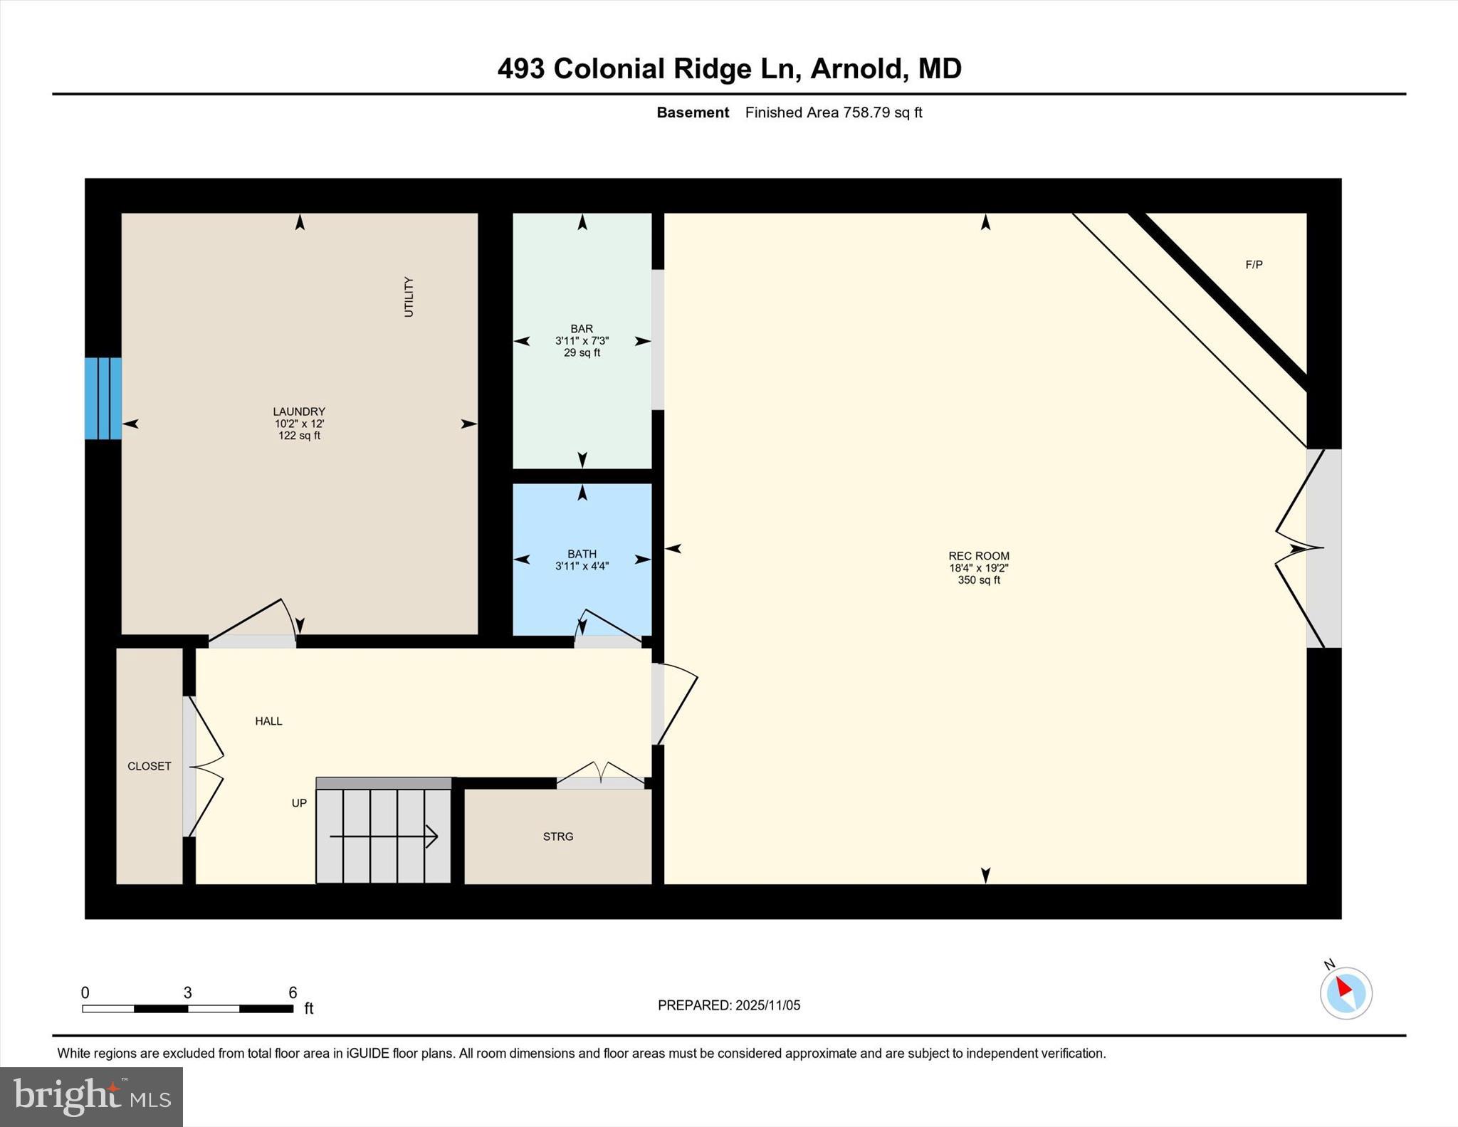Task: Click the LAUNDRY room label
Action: (x=299, y=412)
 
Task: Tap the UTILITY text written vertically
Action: (x=409, y=297)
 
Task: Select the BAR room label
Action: (x=582, y=329)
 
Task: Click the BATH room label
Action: (x=582, y=554)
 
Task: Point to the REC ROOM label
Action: (x=978, y=556)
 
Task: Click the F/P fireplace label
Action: (x=1254, y=265)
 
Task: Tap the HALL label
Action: (x=268, y=721)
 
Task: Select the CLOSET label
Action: (x=150, y=766)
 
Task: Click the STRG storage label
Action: (x=557, y=837)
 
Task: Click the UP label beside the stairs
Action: (x=299, y=803)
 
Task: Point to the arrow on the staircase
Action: (x=384, y=836)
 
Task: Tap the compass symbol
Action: (x=1346, y=992)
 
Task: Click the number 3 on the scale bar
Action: (x=188, y=992)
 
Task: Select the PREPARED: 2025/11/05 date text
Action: (x=728, y=1005)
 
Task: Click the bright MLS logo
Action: (x=91, y=1096)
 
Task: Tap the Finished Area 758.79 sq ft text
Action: (x=833, y=112)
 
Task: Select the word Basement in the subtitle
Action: (x=692, y=112)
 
